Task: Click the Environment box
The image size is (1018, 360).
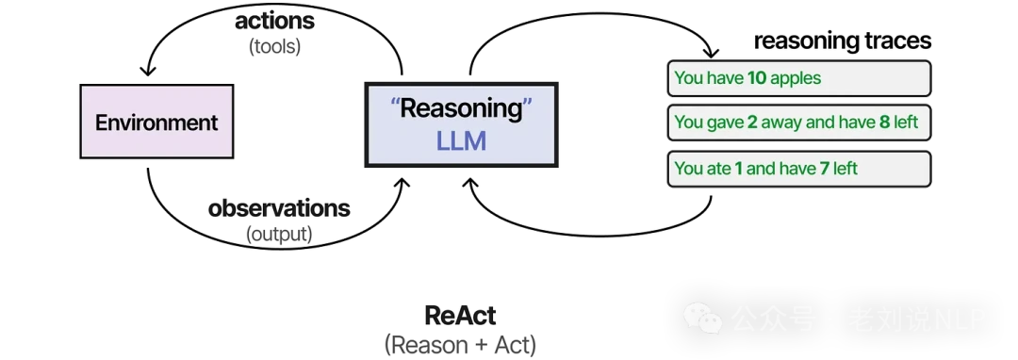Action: click(x=156, y=122)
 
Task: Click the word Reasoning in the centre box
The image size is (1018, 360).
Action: click(x=461, y=108)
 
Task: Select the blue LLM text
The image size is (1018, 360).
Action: click(x=460, y=142)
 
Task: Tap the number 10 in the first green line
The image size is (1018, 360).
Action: click(x=756, y=78)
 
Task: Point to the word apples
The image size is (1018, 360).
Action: click(x=796, y=78)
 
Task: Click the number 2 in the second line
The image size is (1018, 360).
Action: click(x=751, y=123)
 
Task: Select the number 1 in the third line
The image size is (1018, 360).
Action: click(x=738, y=169)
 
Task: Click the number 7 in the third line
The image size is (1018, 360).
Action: click(x=823, y=169)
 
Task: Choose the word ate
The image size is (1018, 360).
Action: click(x=718, y=169)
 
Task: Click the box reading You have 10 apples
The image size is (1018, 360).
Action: click(x=799, y=78)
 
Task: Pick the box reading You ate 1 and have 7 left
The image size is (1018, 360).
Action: click(x=799, y=169)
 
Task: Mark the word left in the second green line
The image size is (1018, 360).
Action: click(x=904, y=123)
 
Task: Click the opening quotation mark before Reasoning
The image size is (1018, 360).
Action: click(x=396, y=103)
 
